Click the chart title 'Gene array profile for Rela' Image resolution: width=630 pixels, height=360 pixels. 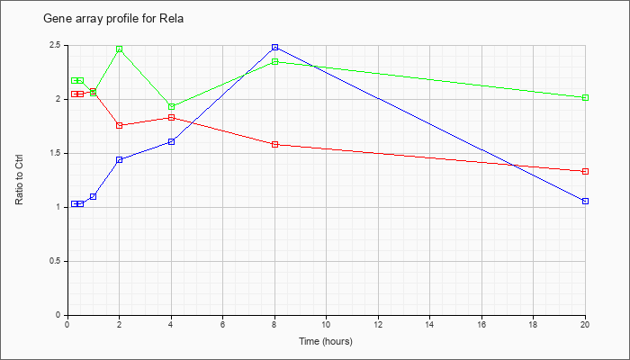(x=113, y=19)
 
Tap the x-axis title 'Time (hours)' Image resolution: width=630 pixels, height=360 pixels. (x=326, y=341)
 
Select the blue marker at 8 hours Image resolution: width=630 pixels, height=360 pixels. (x=274, y=48)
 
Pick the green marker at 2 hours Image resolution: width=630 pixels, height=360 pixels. (x=120, y=49)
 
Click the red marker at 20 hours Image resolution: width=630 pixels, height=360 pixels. (x=585, y=172)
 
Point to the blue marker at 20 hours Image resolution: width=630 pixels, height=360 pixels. (x=585, y=201)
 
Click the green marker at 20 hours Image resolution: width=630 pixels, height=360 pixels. (x=585, y=97)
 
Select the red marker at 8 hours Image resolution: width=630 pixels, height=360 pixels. (x=274, y=144)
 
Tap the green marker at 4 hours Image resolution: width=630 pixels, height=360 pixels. (x=172, y=107)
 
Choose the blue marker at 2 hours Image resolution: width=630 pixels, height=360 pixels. (x=120, y=160)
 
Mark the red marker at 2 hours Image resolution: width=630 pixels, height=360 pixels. (x=120, y=125)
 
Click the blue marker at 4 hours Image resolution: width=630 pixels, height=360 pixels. (x=172, y=141)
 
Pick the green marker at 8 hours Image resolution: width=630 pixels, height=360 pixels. (x=274, y=61)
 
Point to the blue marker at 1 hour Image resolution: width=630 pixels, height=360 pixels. (x=94, y=196)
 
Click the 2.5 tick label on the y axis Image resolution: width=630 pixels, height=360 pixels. (x=56, y=45)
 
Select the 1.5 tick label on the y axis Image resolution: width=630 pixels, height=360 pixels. (x=56, y=154)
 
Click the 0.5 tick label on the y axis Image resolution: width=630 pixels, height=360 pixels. (x=56, y=262)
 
